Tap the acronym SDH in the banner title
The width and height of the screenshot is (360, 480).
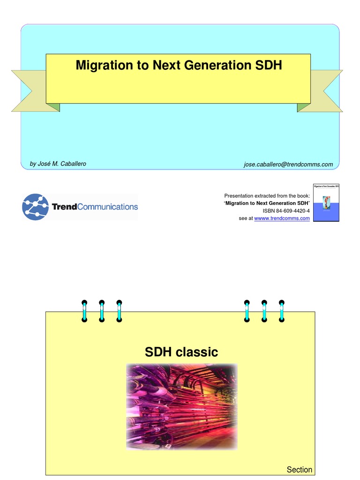click(x=269, y=66)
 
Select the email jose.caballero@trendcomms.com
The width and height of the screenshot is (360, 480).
click(x=288, y=164)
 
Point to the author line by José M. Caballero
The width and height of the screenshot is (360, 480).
click(x=58, y=164)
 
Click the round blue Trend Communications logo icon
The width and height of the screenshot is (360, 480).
click(x=35, y=207)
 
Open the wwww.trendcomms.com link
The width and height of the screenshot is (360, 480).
click(x=282, y=218)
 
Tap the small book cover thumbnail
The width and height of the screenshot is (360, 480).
click(x=326, y=202)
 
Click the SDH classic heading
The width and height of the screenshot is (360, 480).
click(x=181, y=352)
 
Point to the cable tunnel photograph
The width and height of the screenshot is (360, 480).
click(x=181, y=406)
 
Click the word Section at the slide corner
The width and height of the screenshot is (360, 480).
click(x=299, y=470)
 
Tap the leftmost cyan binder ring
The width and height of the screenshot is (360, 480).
click(x=84, y=311)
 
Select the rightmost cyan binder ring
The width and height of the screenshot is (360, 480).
click(x=281, y=311)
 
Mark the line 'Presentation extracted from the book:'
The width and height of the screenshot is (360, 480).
click(x=267, y=195)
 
